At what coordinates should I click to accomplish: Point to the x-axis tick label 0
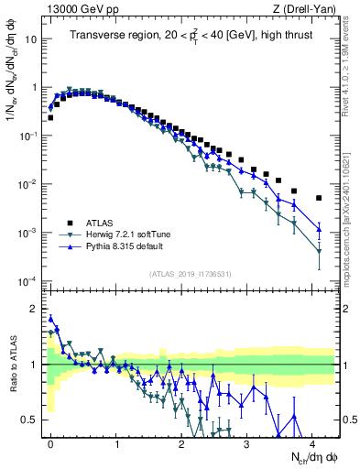point(50,442)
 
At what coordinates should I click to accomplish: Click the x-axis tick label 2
point(181,442)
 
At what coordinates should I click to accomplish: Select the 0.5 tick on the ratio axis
point(30,420)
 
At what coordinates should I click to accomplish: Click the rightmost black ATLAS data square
point(319,198)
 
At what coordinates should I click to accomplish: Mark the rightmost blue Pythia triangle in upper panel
point(319,229)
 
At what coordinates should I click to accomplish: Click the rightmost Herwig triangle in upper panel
point(319,252)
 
